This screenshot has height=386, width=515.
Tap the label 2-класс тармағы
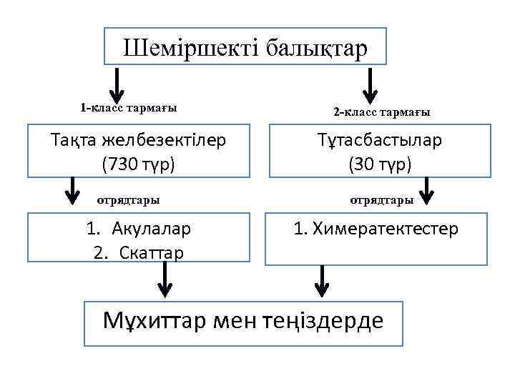[x=382, y=112]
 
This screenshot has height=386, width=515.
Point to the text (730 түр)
[x=139, y=164]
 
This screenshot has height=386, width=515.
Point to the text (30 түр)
[x=380, y=164]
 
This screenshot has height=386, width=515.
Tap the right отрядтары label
[x=381, y=200]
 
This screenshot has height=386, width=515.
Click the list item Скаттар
[x=148, y=253]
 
